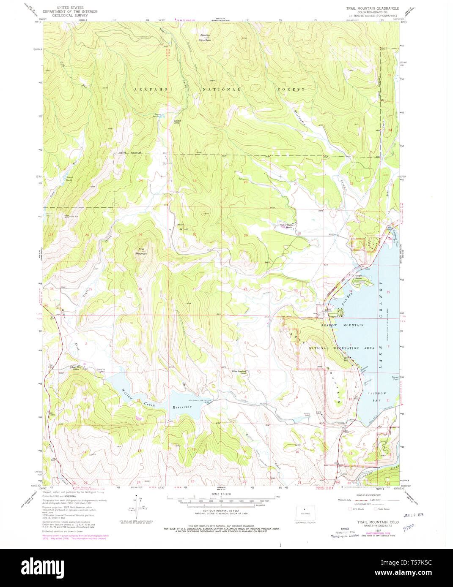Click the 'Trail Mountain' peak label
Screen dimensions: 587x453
point(141,251)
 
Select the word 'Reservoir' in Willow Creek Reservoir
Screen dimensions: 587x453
point(182,407)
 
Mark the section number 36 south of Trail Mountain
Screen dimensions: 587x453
point(140,289)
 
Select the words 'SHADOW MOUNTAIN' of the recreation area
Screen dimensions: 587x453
point(342,325)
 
